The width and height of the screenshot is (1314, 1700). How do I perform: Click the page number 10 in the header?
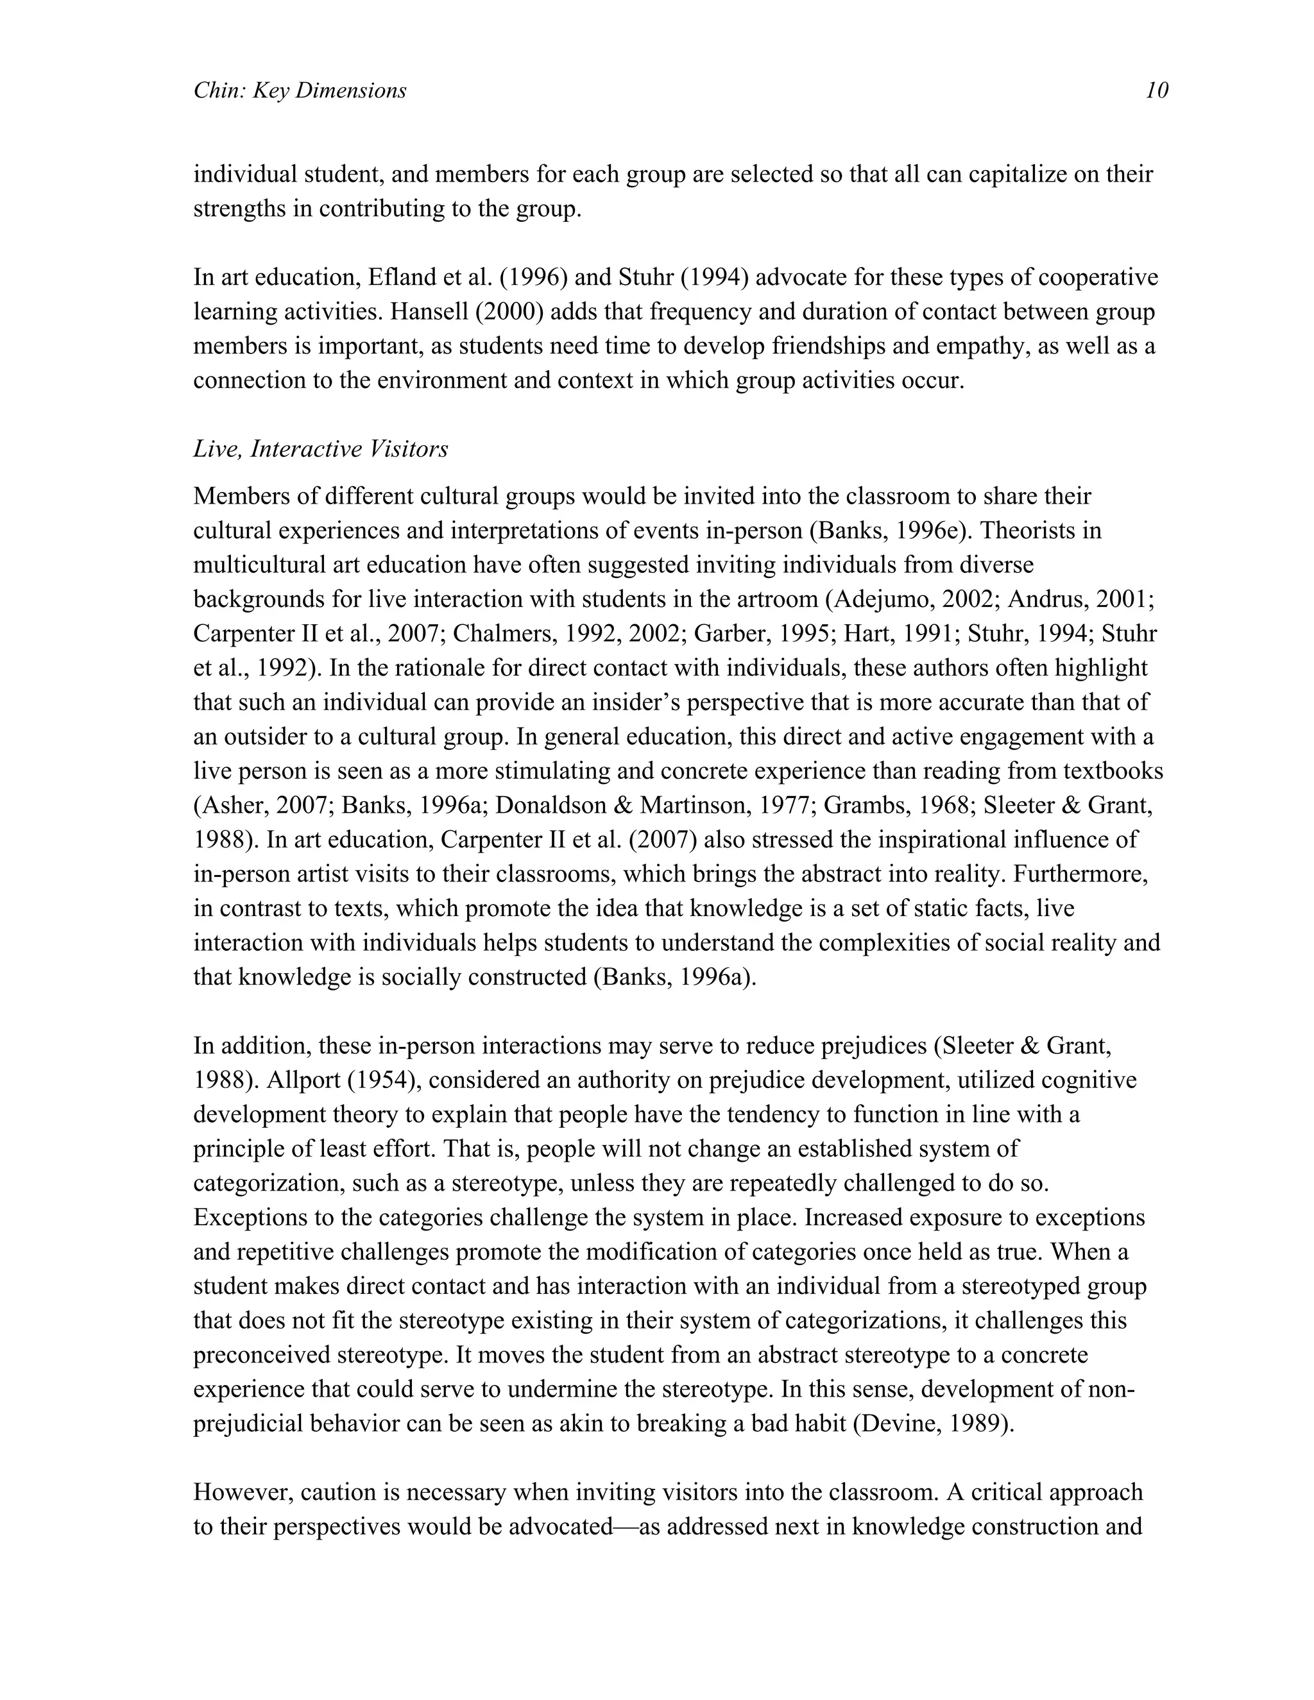[1157, 91]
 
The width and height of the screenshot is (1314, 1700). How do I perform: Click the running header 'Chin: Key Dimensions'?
[300, 91]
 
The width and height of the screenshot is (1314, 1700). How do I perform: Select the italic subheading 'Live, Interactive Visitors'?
[321, 449]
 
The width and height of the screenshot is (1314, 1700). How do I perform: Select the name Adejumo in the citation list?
[883, 599]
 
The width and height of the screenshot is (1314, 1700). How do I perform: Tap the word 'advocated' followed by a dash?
[561, 1526]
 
